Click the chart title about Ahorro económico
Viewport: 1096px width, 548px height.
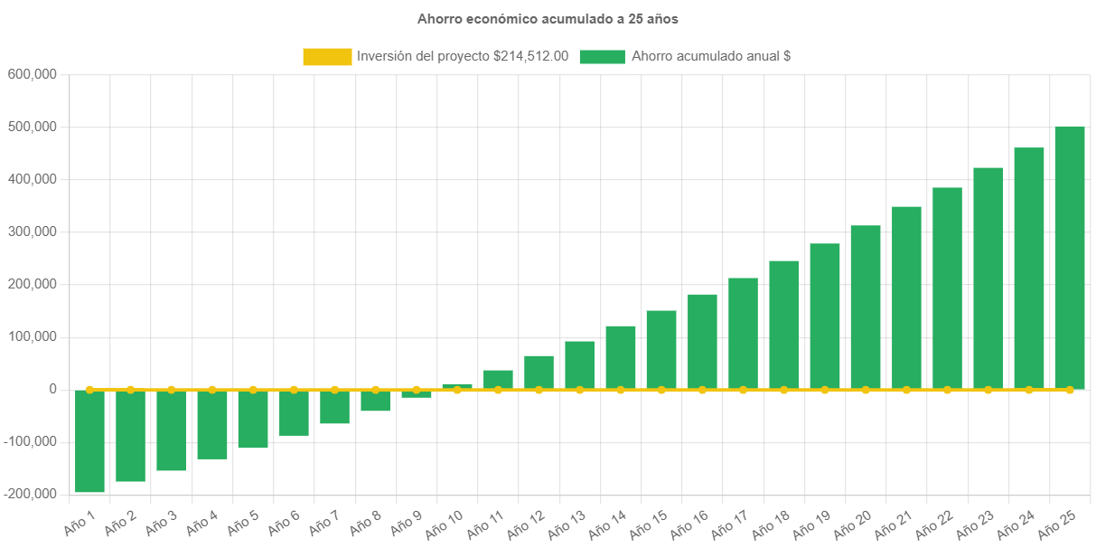tap(548, 18)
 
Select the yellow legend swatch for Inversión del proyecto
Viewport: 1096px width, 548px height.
tap(327, 57)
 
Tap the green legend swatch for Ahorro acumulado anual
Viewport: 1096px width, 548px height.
tap(602, 57)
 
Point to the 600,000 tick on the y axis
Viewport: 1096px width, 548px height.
tap(33, 74)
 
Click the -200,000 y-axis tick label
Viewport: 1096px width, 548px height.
tap(29, 494)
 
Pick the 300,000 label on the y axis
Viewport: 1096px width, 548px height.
tap(33, 231)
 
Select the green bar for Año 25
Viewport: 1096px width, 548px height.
tap(1070, 257)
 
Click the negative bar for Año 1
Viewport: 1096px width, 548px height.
tap(89, 441)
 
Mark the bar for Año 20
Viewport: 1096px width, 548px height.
tap(866, 307)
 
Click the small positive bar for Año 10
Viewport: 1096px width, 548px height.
tap(457, 386)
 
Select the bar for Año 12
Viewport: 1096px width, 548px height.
tap(539, 372)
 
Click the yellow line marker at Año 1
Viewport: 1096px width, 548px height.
tap(89, 390)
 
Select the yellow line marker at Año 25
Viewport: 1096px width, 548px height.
tap(1070, 390)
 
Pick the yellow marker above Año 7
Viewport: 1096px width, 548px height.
tap(334, 390)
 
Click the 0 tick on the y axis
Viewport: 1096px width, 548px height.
tap(53, 389)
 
